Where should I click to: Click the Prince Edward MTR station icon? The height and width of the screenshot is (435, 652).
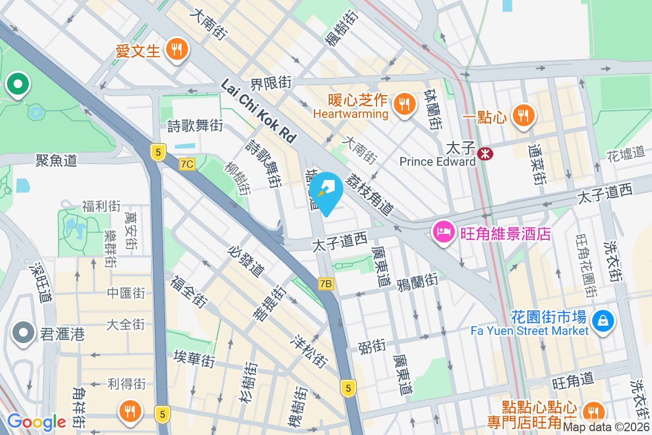[485, 154]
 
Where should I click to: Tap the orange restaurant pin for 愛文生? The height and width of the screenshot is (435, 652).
[176, 49]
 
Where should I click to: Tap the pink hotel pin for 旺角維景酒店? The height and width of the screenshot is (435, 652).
[444, 232]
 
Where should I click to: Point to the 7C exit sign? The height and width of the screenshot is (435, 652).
[187, 164]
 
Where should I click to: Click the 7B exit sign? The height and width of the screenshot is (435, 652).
[325, 283]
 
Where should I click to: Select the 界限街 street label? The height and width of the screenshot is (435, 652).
[271, 83]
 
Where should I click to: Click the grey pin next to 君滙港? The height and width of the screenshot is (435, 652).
[23, 332]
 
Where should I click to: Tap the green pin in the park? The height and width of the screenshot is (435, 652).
[18, 85]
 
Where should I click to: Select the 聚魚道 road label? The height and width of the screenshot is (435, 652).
[56, 160]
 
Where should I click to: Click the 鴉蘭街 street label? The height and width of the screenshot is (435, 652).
[417, 282]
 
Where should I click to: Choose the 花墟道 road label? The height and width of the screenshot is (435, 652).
[625, 153]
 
